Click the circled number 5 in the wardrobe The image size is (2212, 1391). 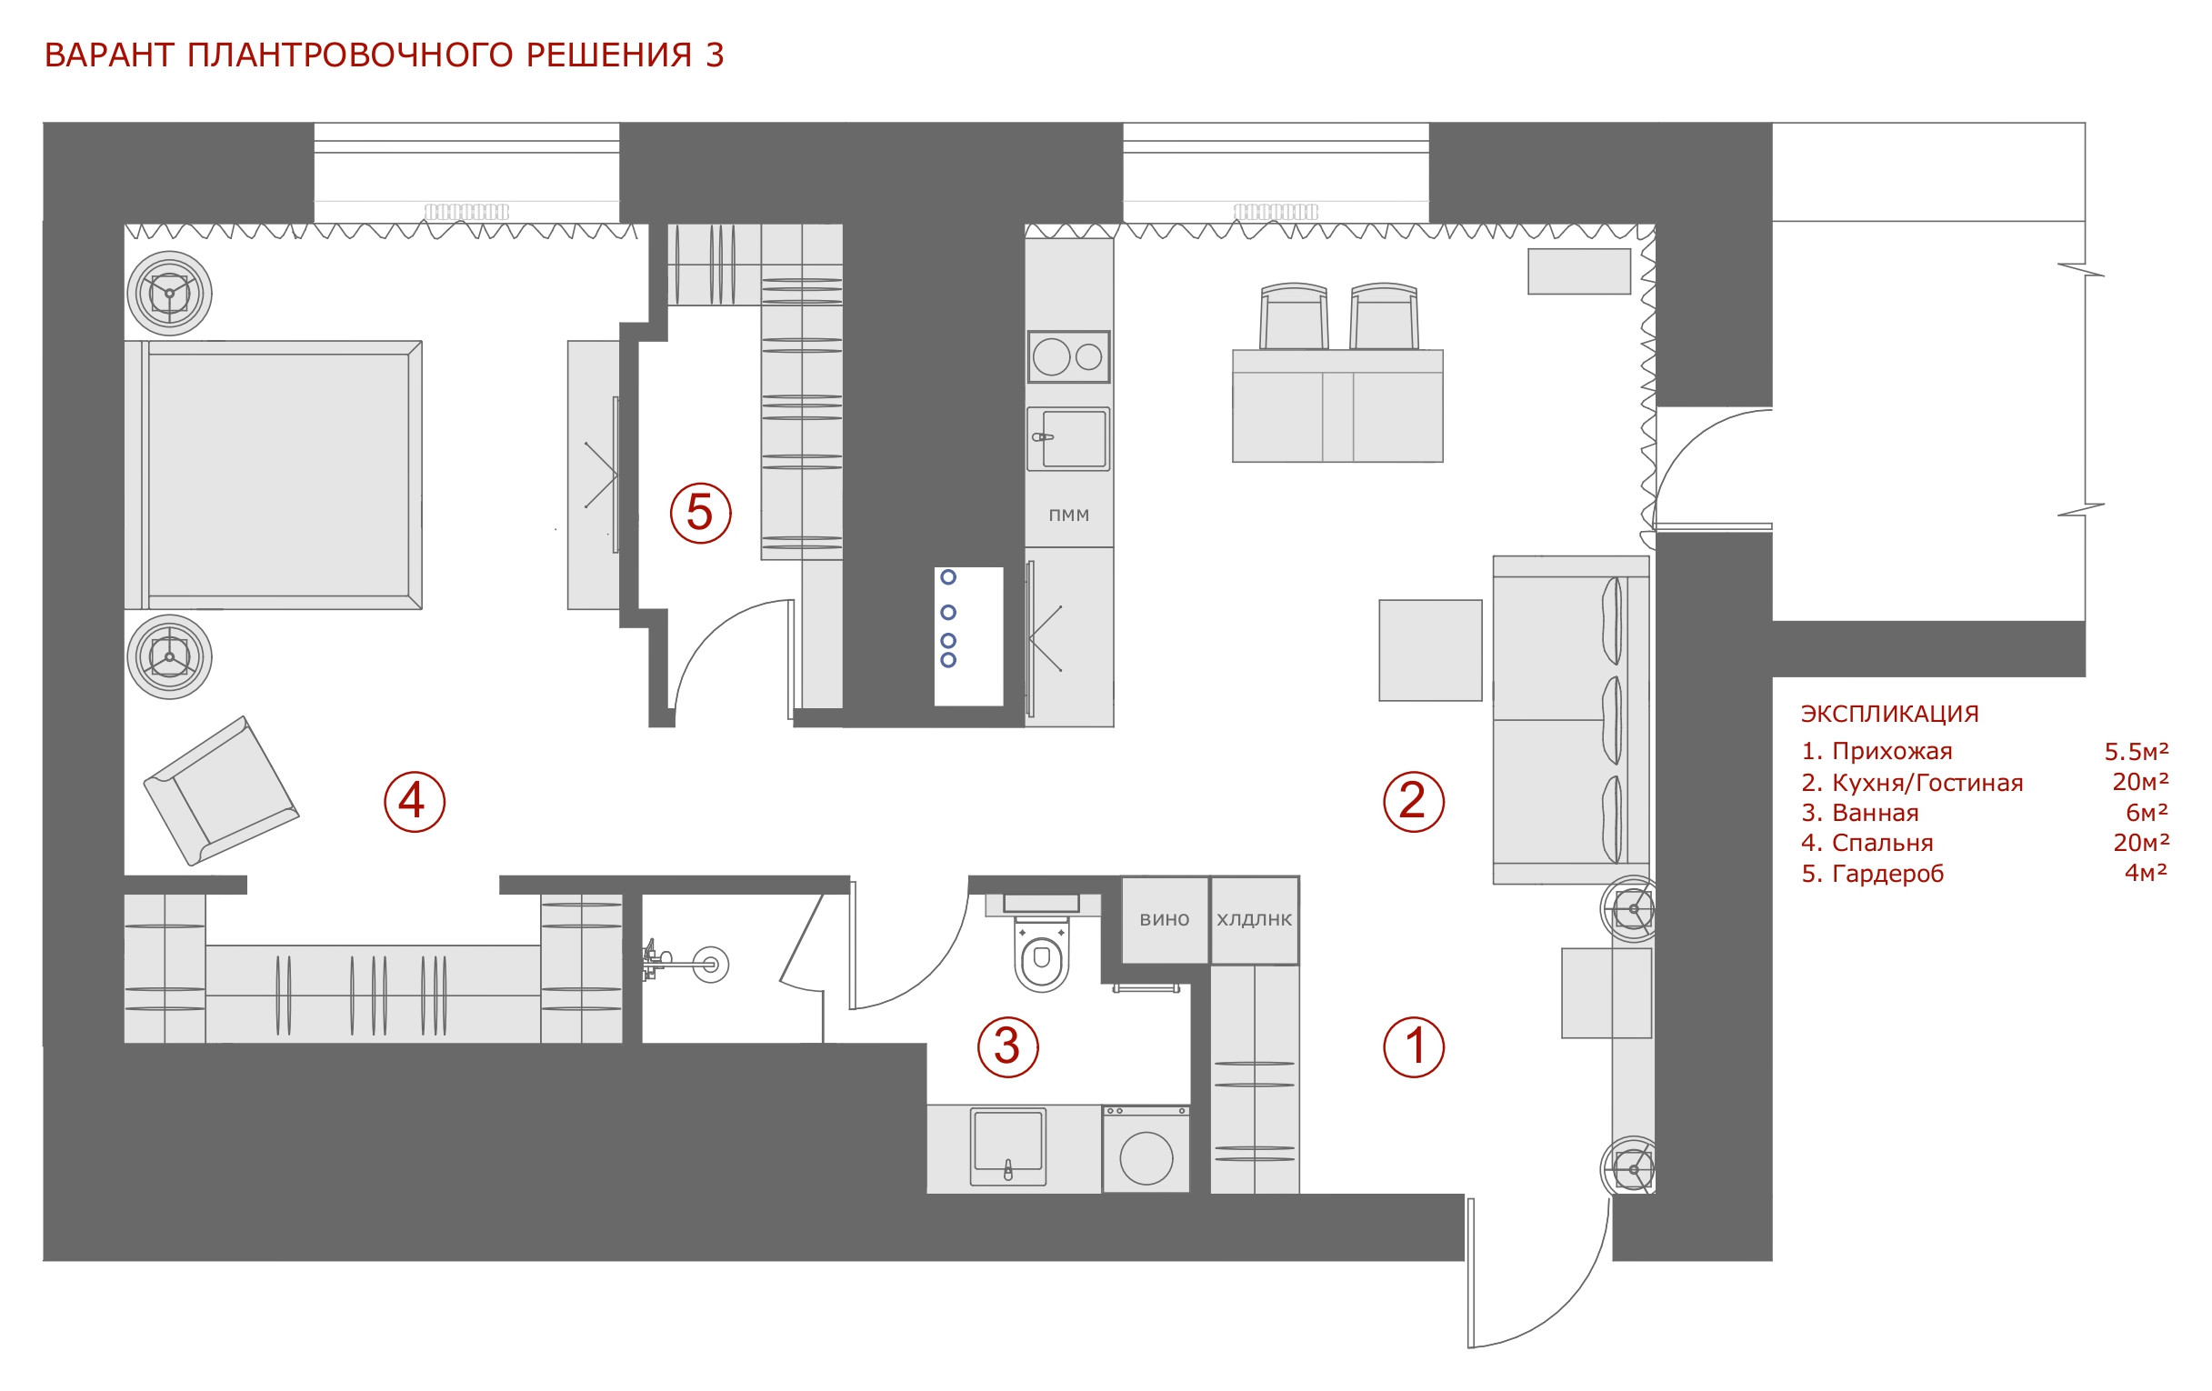[x=700, y=513]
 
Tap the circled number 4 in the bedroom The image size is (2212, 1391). [x=415, y=801]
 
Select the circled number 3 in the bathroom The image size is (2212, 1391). [x=1007, y=1046]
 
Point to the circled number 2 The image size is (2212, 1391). [x=1414, y=801]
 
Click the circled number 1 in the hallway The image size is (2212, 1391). [x=1414, y=1046]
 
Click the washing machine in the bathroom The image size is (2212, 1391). [x=1146, y=1149]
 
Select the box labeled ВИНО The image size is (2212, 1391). [x=1165, y=920]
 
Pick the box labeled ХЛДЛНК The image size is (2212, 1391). [x=1255, y=920]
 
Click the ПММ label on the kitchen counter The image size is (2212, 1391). [x=1069, y=515]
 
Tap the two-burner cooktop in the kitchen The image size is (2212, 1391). [x=1068, y=356]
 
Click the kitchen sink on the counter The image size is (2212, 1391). [x=1068, y=439]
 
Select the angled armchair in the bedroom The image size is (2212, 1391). [x=222, y=791]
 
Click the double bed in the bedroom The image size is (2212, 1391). [x=274, y=475]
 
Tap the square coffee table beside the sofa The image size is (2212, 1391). [x=1430, y=650]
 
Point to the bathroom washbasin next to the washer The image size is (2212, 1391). [x=1007, y=1147]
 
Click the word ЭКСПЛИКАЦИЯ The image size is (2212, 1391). [x=1889, y=714]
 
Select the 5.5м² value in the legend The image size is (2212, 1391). [x=2137, y=752]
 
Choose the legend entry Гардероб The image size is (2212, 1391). [x=1887, y=875]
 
